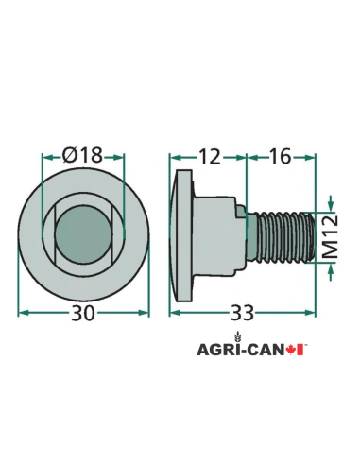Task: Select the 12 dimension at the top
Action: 209,154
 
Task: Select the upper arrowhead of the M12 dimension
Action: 330,202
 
